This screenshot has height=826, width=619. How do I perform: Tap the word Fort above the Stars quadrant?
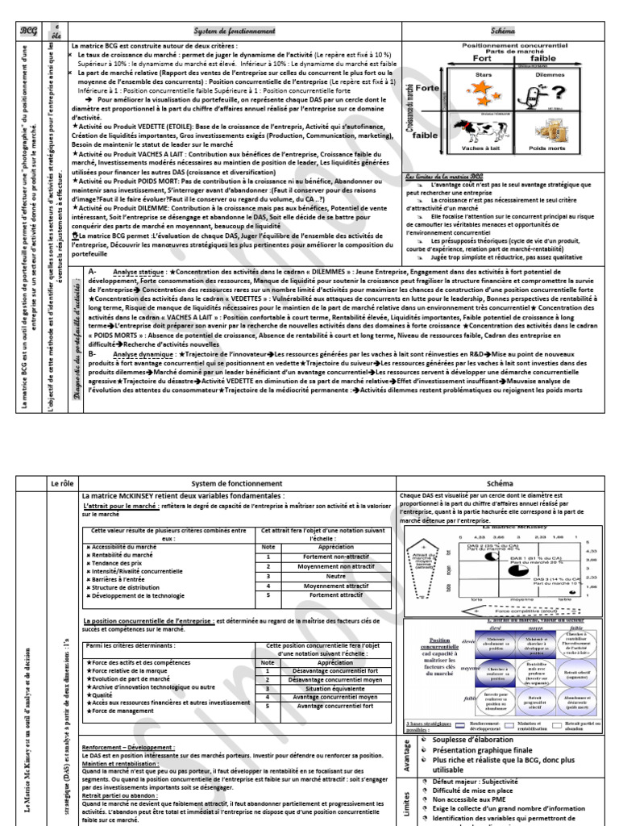tap(481, 59)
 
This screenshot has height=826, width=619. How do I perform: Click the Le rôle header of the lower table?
tap(62, 483)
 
